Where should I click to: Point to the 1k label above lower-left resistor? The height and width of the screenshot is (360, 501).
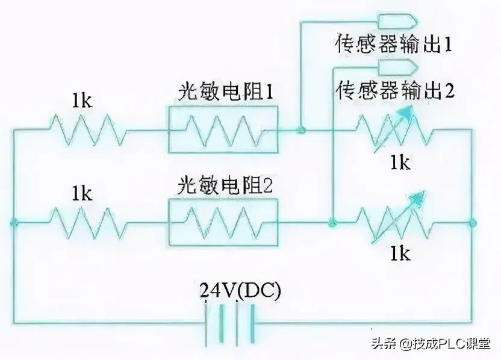81,193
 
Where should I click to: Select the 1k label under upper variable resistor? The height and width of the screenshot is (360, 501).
399,162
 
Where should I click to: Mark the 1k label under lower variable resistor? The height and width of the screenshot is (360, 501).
399,253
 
